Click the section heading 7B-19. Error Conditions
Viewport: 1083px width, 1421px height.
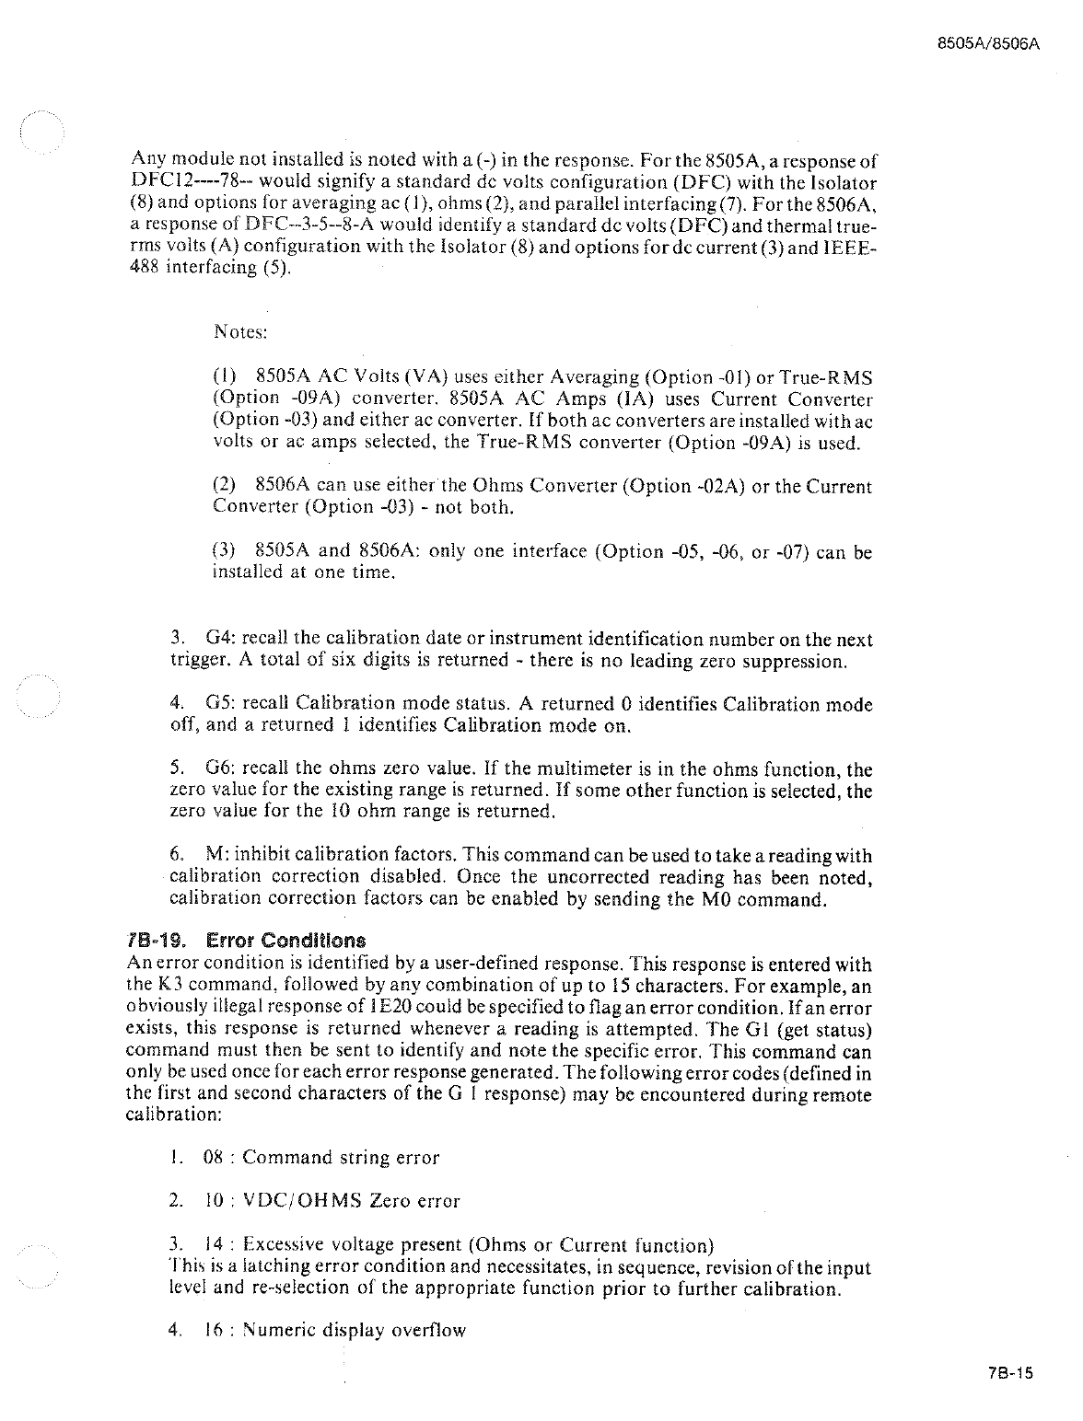pos(246,941)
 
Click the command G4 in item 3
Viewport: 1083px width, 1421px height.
pos(219,639)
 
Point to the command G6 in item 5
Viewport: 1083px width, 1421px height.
pos(220,768)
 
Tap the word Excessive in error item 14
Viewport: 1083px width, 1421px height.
pos(277,1246)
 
